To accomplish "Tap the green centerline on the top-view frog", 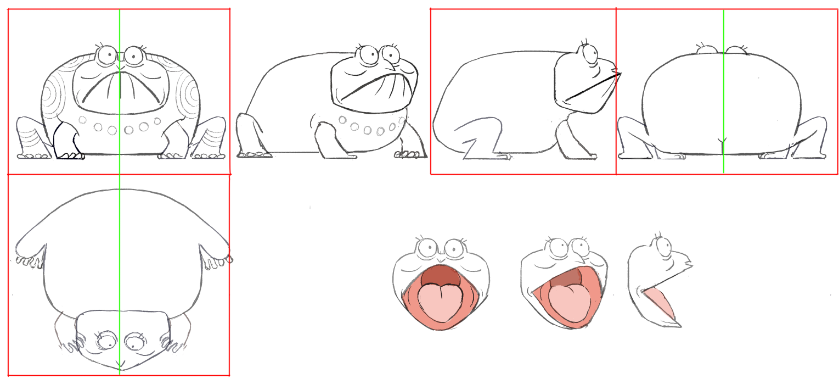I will click(119, 247).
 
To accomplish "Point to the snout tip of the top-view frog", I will click(120, 367).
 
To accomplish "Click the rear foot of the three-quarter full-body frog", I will click(254, 155).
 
